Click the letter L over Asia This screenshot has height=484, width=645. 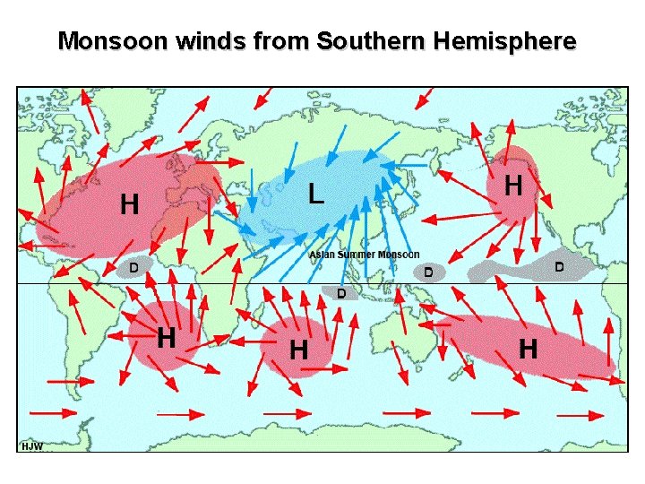(x=315, y=193)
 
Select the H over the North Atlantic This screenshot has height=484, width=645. (x=130, y=205)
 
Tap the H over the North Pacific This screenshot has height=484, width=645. (x=513, y=186)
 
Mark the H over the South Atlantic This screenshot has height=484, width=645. (x=166, y=338)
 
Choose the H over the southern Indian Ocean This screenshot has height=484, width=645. (x=298, y=349)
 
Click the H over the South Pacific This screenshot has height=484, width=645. (x=529, y=348)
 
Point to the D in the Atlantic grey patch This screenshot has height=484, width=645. (x=133, y=267)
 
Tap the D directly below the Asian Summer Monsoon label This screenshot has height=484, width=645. (x=340, y=293)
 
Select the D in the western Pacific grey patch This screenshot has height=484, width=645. (x=428, y=271)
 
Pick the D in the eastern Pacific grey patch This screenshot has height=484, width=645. (x=559, y=266)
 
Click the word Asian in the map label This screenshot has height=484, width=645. (x=322, y=255)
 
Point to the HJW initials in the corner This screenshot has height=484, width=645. (x=31, y=445)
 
